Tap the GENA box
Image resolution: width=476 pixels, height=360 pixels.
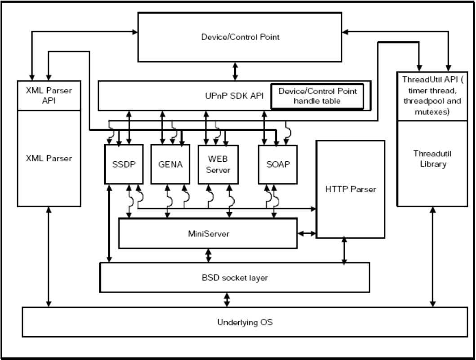point(168,164)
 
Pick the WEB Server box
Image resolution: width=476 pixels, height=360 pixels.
point(218,164)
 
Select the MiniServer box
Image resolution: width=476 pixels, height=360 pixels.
point(208,233)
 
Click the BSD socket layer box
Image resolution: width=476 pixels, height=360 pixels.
point(234,277)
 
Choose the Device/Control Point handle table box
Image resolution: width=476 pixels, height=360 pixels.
point(317,96)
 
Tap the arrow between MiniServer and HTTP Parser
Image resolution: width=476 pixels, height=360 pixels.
point(307,234)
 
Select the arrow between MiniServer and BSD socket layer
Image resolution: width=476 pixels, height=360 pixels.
point(208,255)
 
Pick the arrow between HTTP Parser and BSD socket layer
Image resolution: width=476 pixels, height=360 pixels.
point(345,251)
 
